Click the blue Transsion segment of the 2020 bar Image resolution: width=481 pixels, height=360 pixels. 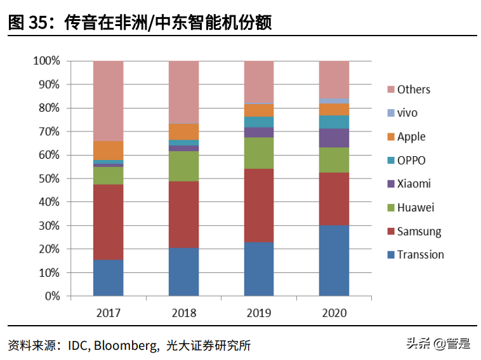click(x=334, y=260)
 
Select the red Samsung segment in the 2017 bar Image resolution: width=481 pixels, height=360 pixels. click(x=109, y=222)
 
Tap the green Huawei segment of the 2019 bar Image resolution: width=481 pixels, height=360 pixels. click(x=259, y=153)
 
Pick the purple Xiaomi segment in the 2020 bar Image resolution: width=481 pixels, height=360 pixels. click(x=334, y=138)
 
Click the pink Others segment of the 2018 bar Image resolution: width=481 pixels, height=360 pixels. click(x=183, y=92)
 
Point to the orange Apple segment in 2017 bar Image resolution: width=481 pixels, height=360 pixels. click(x=109, y=150)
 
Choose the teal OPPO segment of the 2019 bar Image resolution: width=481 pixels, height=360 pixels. click(x=259, y=122)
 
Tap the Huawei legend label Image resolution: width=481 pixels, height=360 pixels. click(x=416, y=208)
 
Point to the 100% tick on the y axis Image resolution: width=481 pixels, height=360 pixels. click(x=46, y=61)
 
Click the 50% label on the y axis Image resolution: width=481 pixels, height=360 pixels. click(x=49, y=178)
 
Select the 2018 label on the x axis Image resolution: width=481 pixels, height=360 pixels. click(x=183, y=313)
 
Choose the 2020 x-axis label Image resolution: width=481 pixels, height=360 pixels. click(x=334, y=313)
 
